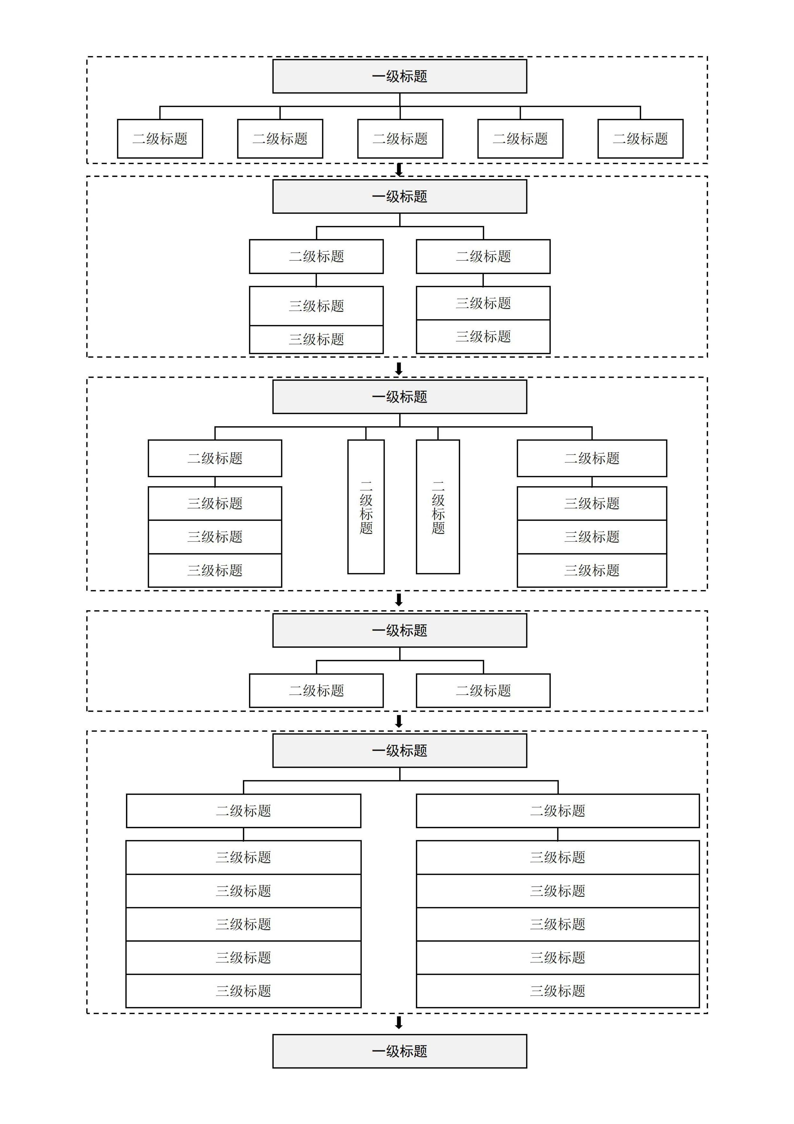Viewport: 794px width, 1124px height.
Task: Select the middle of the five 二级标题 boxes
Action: tap(400, 138)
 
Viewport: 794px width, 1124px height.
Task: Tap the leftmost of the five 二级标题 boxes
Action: tap(160, 138)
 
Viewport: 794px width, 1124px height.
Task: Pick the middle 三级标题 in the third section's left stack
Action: tap(215, 537)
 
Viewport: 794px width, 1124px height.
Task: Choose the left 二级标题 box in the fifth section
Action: tap(244, 811)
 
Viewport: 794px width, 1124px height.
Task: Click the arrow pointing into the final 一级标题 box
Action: tap(399, 1022)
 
